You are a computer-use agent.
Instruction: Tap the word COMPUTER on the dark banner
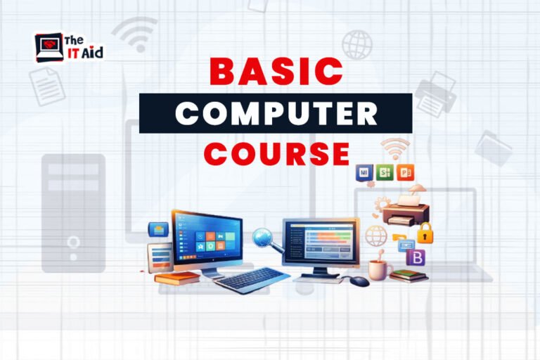click(x=276, y=113)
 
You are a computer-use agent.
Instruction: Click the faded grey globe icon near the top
click(x=356, y=44)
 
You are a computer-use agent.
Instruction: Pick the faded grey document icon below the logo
click(x=47, y=86)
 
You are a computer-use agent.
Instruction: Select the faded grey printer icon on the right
click(x=435, y=95)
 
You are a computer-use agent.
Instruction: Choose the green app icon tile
click(x=384, y=172)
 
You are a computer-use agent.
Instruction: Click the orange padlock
click(x=424, y=232)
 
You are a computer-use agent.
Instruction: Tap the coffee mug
click(x=379, y=269)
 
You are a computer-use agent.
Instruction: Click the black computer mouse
click(x=359, y=281)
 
